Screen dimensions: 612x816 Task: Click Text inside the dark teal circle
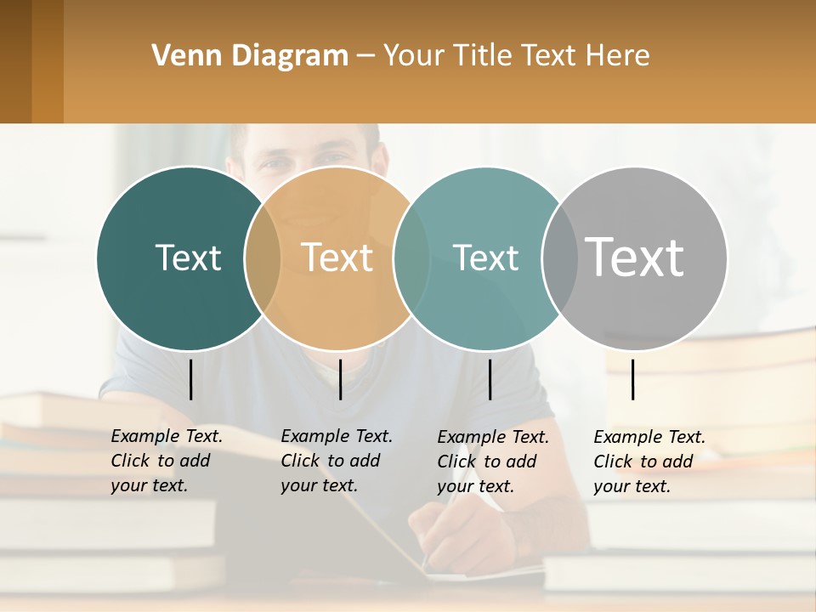pyautogui.click(x=188, y=258)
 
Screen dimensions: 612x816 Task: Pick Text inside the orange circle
pyautogui.click(x=337, y=258)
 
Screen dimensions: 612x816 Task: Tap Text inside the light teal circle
pyautogui.click(x=485, y=258)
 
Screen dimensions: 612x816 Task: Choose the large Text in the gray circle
pyautogui.click(x=635, y=258)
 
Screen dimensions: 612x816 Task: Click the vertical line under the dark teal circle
pyautogui.click(x=190, y=379)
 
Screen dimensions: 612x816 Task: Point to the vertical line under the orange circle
pyautogui.click(x=340, y=379)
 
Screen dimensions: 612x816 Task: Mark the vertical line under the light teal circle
pyautogui.click(x=490, y=379)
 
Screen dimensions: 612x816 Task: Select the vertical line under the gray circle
pyautogui.click(x=632, y=379)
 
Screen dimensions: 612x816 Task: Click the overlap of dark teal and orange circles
pyautogui.click(x=263, y=258)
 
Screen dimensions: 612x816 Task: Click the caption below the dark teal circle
pyautogui.click(x=167, y=461)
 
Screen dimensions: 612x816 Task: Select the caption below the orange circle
pyautogui.click(x=337, y=461)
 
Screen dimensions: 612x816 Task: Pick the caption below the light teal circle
pyautogui.click(x=493, y=462)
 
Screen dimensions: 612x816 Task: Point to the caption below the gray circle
pyautogui.click(x=649, y=462)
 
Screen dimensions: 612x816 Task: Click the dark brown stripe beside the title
pyautogui.click(x=16, y=61)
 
